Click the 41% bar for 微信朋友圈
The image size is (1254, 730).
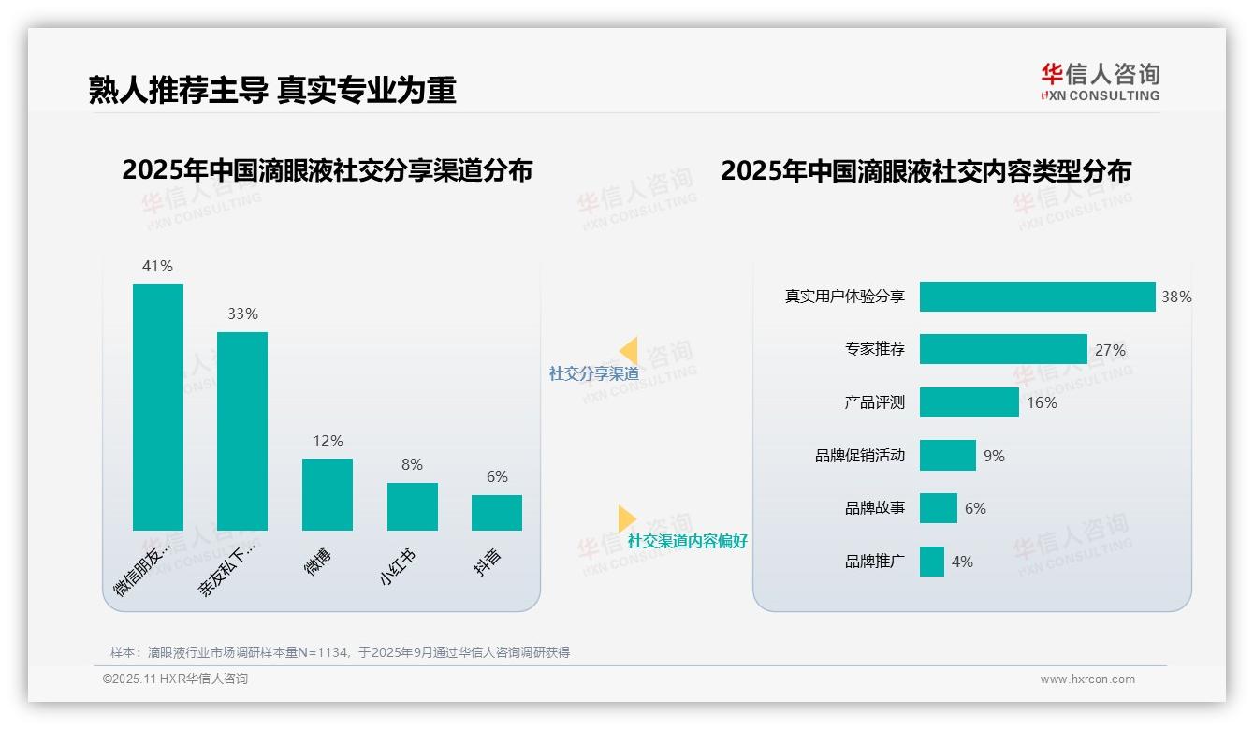click(x=157, y=406)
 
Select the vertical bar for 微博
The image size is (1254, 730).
click(x=328, y=494)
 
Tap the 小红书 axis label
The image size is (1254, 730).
click(x=398, y=567)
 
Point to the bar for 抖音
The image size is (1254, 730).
click(x=497, y=513)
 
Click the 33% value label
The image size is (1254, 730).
click(x=242, y=314)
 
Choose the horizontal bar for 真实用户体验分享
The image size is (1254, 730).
click(x=1037, y=297)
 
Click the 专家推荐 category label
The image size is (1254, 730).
click(x=874, y=349)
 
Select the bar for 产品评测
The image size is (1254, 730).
click(x=969, y=402)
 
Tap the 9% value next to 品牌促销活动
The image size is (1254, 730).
click(x=994, y=456)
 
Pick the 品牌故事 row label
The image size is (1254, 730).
click(x=874, y=508)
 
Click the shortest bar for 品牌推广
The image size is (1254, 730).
click(x=931, y=562)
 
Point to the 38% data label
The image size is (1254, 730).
click(x=1176, y=297)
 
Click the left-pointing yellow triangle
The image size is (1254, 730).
click(x=628, y=351)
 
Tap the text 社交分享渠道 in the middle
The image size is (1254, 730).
click(x=593, y=373)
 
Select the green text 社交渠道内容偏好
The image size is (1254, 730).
click(x=687, y=541)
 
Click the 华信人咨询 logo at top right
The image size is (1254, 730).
click(x=1100, y=82)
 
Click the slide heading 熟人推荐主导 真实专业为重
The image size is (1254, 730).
click(x=272, y=90)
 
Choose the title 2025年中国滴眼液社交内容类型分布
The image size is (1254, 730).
click(x=926, y=171)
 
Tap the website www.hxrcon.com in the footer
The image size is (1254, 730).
click(x=1087, y=679)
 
